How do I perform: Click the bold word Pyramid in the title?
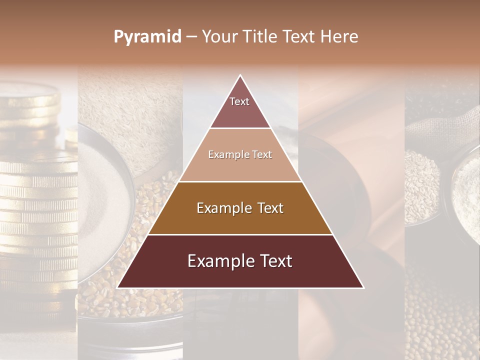coord(147,37)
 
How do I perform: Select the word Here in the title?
coord(340,37)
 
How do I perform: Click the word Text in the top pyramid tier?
coord(239,101)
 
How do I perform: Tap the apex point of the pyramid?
coord(240,75)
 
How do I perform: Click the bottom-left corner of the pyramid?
coord(117,288)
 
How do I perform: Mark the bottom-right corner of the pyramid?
coord(363,288)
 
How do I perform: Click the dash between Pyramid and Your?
coord(191,37)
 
